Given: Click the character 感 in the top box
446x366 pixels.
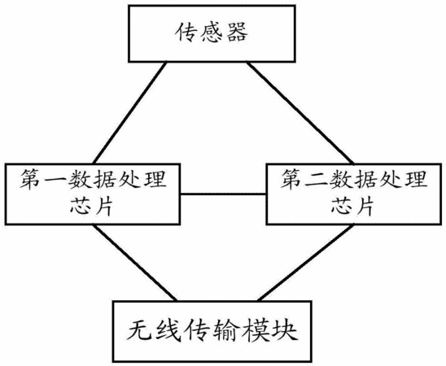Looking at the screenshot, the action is click(x=212, y=33).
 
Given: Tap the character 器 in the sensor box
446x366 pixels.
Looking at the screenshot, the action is click(x=237, y=33).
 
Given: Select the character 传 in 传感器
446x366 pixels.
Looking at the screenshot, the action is click(x=186, y=33).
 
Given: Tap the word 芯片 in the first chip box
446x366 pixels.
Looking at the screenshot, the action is click(x=92, y=207).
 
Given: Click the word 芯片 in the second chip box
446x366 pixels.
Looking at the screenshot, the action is click(x=352, y=207).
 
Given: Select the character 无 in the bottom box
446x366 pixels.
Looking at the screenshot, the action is click(x=139, y=331).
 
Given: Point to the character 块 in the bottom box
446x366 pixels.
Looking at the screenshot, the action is click(x=286, y=331).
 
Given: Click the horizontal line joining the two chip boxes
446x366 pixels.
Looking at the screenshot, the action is click(x=223, y=194).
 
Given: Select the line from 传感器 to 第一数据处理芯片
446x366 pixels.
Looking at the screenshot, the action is click(x=130, y=113).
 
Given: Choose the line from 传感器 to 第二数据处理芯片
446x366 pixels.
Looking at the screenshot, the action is click(x=300, y=113).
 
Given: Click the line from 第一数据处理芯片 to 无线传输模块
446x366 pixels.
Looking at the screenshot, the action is click(x=135, y=263).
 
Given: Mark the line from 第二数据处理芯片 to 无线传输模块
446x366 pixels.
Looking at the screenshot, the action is click(x=306, y=263).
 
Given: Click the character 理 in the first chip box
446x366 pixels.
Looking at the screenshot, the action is click(x=155, y=179).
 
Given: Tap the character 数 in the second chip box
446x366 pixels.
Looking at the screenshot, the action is click(x=340, y=179).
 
